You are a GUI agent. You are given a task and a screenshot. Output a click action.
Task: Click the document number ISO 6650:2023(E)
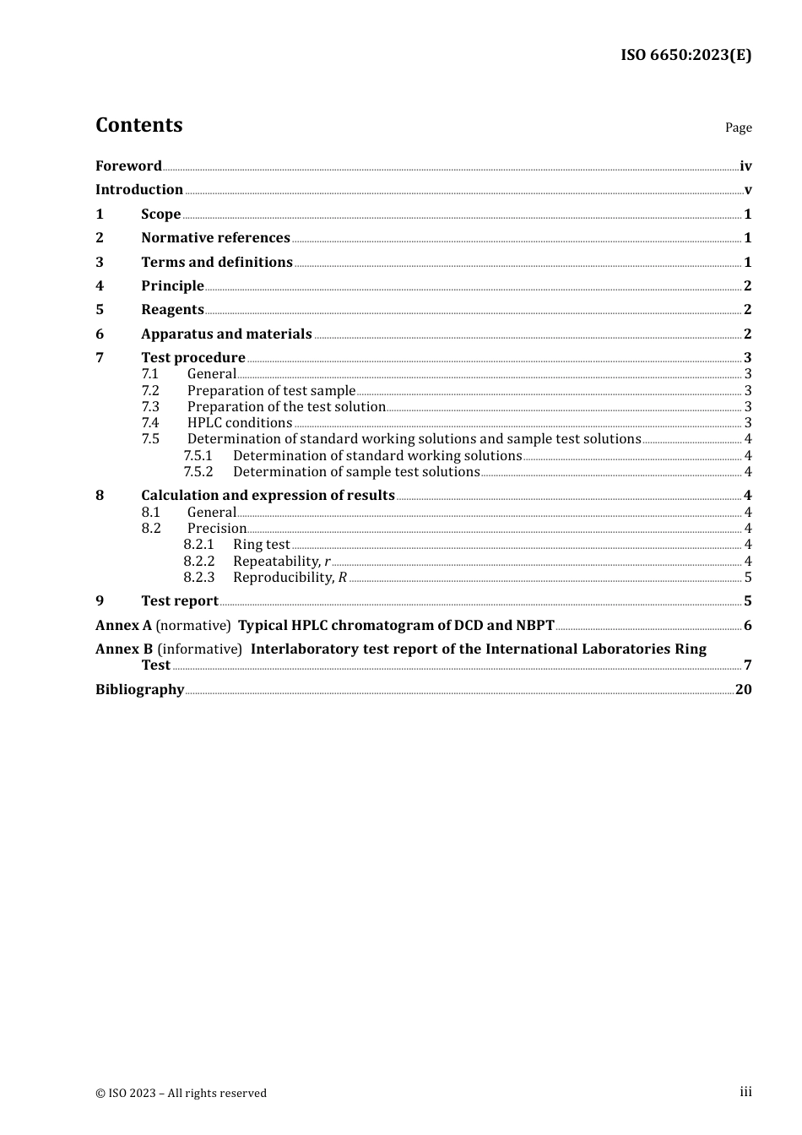[685, 56]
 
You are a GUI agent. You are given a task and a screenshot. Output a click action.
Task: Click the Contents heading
[138, 125]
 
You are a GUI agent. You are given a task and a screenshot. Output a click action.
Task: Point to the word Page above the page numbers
[738, 128]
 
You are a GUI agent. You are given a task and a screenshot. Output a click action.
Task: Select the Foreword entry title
[128, 166]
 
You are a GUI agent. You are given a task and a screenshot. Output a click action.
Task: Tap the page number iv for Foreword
[745, 166]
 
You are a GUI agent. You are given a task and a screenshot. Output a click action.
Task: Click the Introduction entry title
[139, 189]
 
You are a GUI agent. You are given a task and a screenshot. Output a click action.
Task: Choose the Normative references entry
[215, 237]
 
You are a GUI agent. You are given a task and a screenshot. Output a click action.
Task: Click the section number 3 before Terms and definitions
[100, 262]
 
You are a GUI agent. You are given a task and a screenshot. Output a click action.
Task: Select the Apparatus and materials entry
[226, 334]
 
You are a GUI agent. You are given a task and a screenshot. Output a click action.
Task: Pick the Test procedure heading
[192, 357]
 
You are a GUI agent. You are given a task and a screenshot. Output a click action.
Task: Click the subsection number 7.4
[150, 422]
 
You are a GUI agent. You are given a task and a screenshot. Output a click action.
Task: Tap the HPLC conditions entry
[240, 422]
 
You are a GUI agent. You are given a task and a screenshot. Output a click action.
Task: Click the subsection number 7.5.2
[198, 471]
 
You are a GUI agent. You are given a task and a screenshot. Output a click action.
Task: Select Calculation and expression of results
[268, 495]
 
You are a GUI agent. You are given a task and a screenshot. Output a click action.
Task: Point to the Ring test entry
[261, 545]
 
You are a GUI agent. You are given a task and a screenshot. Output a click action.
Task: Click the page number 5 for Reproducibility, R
[747, 578]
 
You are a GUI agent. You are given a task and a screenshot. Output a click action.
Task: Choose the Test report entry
[180, 600]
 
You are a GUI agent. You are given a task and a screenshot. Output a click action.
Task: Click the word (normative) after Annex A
[193, 625]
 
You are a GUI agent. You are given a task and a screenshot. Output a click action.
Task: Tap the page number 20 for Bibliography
[743, 689]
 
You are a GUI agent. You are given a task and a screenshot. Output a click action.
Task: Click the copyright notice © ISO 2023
[181, 1093]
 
